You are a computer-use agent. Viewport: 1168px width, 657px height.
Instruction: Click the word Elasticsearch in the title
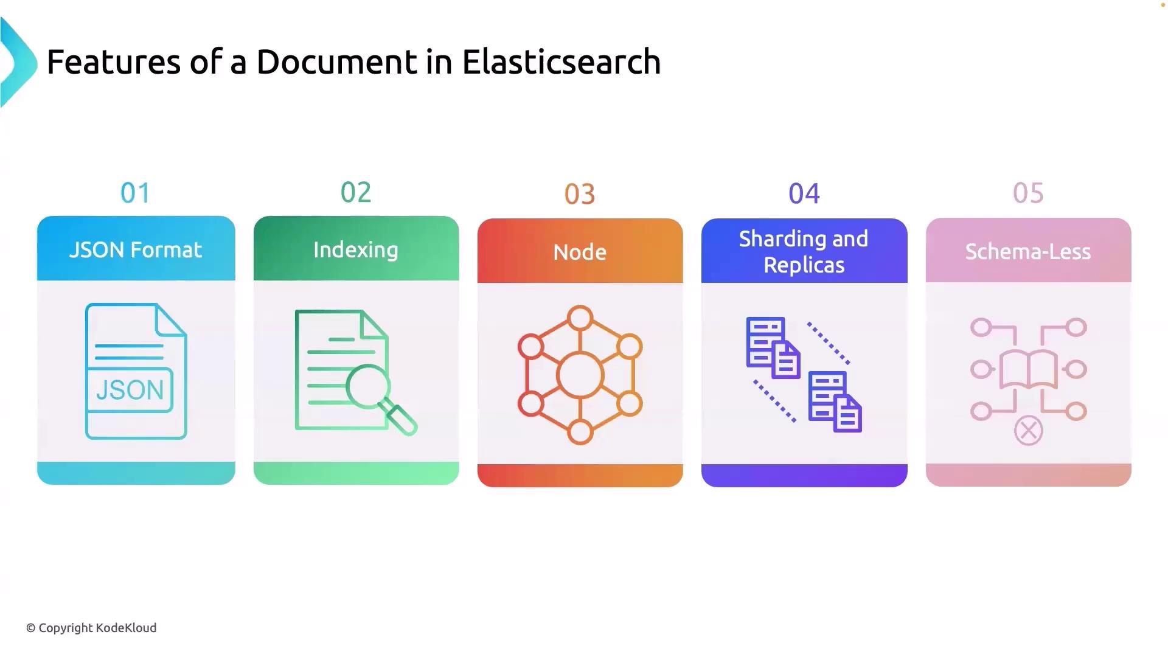click(561, 62)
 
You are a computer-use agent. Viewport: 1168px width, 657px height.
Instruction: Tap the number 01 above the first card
click(135, 193)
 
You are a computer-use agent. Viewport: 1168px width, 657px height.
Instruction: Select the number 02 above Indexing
click(356, 193)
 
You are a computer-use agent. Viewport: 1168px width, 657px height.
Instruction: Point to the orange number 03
click(580, 195)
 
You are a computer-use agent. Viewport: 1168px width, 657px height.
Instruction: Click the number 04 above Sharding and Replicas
click(804, 194)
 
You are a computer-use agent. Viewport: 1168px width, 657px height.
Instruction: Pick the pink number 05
click(1028, 193)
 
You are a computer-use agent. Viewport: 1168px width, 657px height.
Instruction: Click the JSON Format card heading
click(136, 250)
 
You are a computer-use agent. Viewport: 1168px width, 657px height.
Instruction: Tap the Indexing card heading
click(356, 250)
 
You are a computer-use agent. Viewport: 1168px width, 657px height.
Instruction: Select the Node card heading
click(580, 252)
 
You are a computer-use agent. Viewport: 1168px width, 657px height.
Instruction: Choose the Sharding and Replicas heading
click(804, 252)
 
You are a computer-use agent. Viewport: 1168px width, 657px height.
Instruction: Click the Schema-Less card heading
click(1028, 252)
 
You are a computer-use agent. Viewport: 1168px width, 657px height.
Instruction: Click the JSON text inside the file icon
click(130, 390)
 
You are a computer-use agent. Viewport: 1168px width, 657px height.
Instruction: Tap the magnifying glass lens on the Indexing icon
click(368, 386)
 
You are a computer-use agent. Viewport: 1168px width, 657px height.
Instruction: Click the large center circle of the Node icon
click(580, 375)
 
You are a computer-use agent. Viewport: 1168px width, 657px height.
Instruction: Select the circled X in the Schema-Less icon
click(1029, 431)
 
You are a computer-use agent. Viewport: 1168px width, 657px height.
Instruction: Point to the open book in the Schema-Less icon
click(1029, 369)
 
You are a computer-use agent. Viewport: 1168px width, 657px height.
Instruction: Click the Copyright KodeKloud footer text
click(91, 628)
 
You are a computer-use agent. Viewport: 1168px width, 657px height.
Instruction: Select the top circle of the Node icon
click(580, 318)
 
